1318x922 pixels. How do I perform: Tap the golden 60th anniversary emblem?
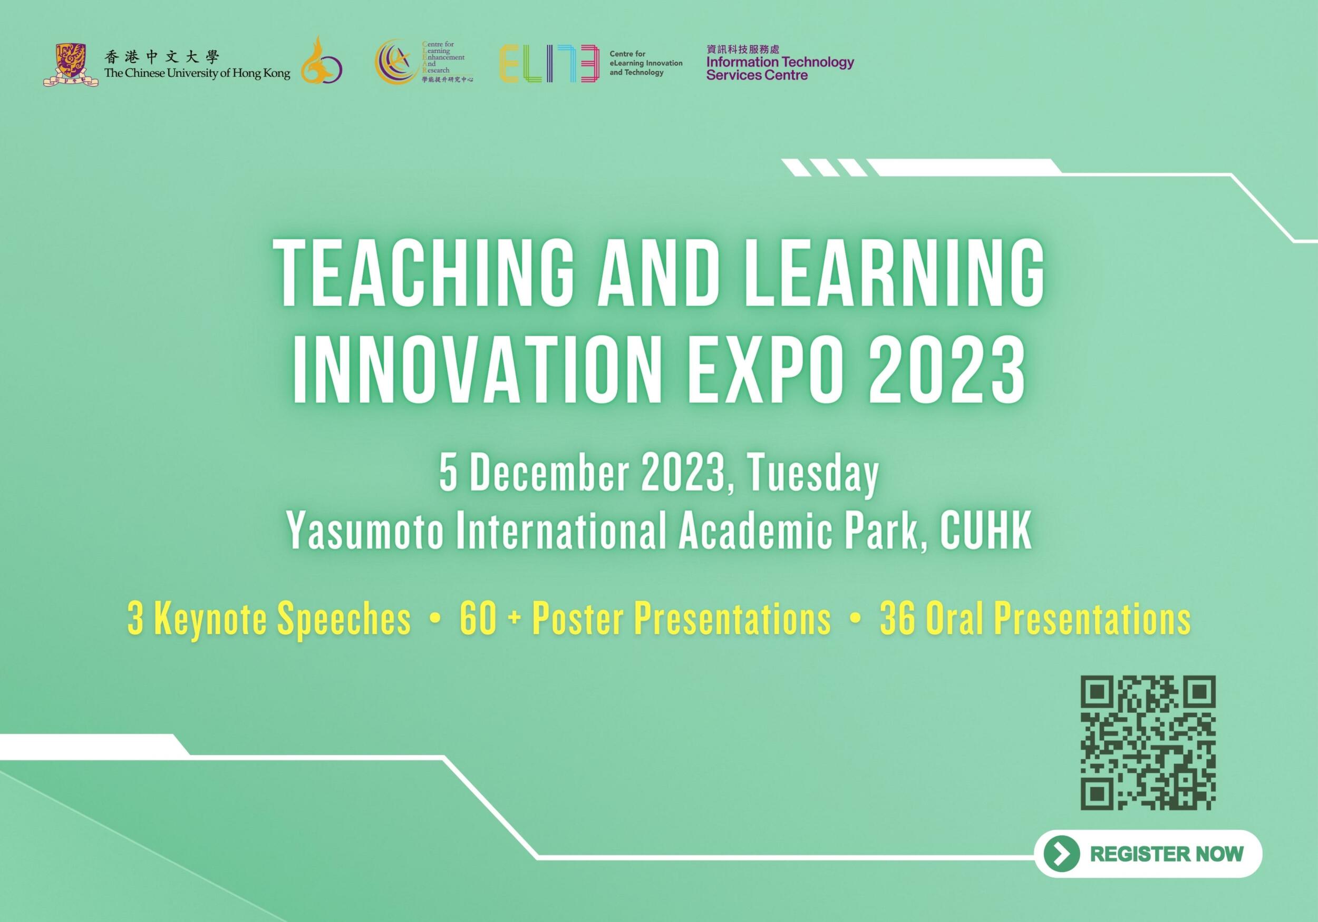pyautogui.click(x=322, y=60)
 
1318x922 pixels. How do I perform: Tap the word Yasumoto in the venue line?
pyautogui.click(x=365, y=533)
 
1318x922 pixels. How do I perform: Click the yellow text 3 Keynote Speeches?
pyautogui.click(x=270, y=621)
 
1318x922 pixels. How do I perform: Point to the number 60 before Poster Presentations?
pyautogui.click(x=478, y=620)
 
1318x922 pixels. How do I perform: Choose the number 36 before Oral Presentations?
pyautogui.click(x=898, y=620)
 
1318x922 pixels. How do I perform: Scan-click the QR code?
pyautogui.click(x=1148, y=743)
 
